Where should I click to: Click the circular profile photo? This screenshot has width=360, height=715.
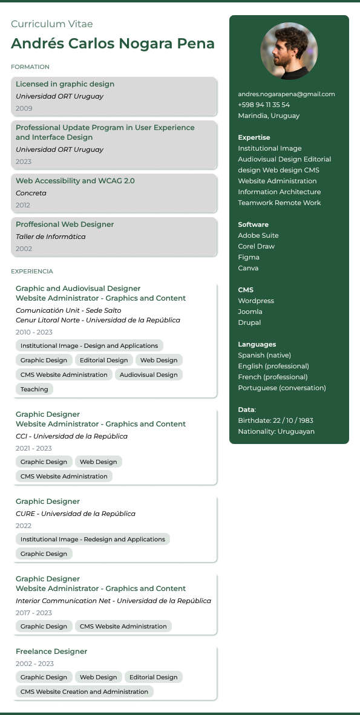[289, 51]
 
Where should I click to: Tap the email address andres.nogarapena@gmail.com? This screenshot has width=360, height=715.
[286, 94]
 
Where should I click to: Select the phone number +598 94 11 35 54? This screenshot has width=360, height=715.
[264, 105]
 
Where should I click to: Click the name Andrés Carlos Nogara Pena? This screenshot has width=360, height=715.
[113, 44]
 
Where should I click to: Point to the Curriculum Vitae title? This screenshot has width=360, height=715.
[52, 24]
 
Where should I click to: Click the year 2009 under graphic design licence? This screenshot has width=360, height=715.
[24, 108]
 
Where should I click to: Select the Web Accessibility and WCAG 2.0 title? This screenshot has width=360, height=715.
[75, 181]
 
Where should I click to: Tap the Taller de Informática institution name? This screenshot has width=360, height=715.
[51, 237]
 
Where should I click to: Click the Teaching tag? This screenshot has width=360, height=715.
[34, 389]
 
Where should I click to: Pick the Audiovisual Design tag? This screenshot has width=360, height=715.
[149, 374]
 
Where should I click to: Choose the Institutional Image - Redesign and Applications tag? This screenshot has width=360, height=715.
[93, 539]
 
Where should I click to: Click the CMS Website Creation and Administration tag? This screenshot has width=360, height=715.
[84, 691]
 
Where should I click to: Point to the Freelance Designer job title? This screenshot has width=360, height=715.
[51, 651]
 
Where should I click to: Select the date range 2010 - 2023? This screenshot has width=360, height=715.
[34, 332]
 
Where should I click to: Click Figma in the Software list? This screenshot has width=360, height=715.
[248, 257]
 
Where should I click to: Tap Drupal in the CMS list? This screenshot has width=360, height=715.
[249, 322]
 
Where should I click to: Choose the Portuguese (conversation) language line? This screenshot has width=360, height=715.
[282, 388]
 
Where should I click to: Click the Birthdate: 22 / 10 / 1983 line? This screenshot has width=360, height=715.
[275, 420]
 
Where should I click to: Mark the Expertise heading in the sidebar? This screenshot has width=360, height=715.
[254, 137]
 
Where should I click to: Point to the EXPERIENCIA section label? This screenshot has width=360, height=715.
[32, 272]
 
